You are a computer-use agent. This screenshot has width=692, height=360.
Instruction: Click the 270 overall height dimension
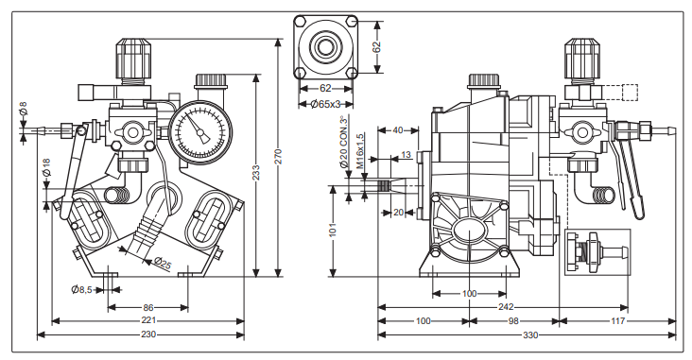click(x=278, y=157)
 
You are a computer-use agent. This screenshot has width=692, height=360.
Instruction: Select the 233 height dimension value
click(x=256, y=173)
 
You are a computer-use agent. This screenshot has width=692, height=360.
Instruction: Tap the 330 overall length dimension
click(x=530, y=335)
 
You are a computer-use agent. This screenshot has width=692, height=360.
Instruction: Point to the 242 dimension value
click(x=506, y=307)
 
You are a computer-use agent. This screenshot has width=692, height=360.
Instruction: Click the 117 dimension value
click(x=618, y=321)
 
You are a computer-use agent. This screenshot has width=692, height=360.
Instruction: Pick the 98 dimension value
click(x=513, y=321)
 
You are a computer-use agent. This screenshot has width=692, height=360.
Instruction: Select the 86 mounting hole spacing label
click(x=148, y=307)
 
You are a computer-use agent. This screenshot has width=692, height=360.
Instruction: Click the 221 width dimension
click(x=148, y=320)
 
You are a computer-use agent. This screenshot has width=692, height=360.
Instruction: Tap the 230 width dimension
click(x=148, y=334)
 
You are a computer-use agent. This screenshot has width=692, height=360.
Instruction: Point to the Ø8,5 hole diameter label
click(x=81, y=289)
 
